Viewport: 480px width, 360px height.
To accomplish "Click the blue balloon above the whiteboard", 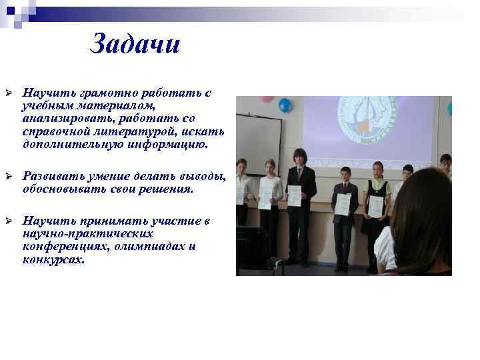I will (285, 105).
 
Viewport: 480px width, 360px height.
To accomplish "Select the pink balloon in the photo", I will (267, 99).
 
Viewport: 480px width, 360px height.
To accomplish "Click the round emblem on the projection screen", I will (365, 121).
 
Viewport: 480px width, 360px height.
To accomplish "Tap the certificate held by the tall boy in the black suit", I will (294, 196).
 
